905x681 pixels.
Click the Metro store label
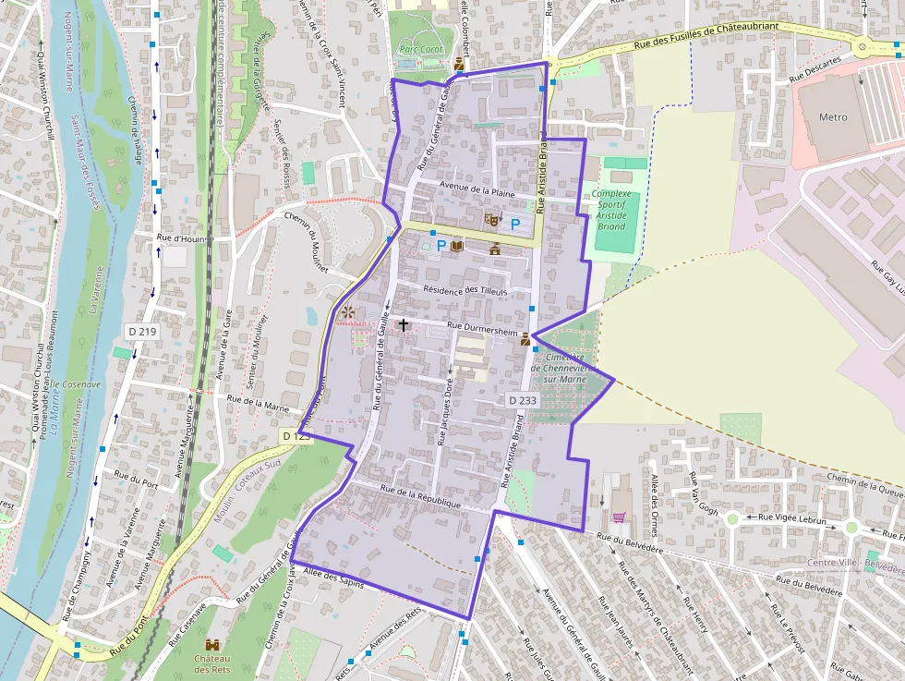pyautogui.click(x=833, y=117)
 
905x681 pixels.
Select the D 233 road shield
pyautogui.click(x=522, y=400)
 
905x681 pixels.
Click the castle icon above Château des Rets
pyautogui.click(x=212, y=643)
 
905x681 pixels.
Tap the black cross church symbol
pyautogui.click(x=403, y=325)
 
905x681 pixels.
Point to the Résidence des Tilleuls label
pyautogui.click(x=465, y=290)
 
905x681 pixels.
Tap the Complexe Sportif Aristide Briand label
pyautogui.click(x=610, y=211)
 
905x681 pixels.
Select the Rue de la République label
pyautogui.click(x=420, y=496)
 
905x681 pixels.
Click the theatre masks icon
pyautogui.click(x=492, y=220)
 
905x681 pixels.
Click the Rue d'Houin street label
pyautogui.click(x=180, y=238)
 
